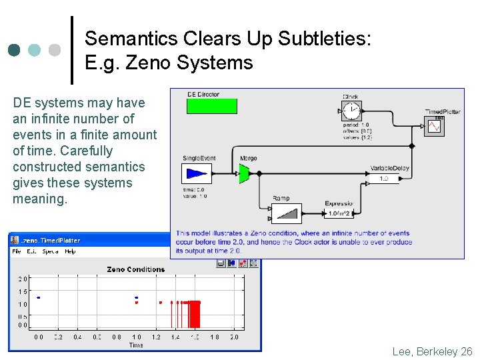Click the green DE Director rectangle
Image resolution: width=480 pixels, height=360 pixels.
[211, 106]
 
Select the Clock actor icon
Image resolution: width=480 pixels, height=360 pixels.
[351, 111]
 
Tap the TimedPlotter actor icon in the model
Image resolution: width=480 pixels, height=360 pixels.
[435, 125]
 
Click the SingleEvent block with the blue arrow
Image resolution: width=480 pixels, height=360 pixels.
[196, 173]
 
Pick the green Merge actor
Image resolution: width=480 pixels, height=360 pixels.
[244, 173]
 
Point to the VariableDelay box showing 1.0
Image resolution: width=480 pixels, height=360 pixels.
[383, 179]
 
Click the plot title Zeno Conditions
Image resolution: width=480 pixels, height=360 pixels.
[135, 269]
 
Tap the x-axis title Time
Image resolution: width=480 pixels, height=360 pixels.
[136, 345]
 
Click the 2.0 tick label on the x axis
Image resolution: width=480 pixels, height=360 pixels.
[233, 337]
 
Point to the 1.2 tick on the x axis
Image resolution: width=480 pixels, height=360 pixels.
[156, 337]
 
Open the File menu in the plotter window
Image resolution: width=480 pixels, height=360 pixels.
[17, 251]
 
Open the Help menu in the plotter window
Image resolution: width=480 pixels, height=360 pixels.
[70, 251]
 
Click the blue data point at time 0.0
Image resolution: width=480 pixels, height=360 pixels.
[39, 297]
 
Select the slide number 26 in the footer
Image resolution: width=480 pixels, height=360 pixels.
[466, 351]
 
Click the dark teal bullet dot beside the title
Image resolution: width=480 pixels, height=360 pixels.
[14, 50]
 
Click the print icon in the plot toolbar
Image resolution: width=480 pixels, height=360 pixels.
[221, 263]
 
